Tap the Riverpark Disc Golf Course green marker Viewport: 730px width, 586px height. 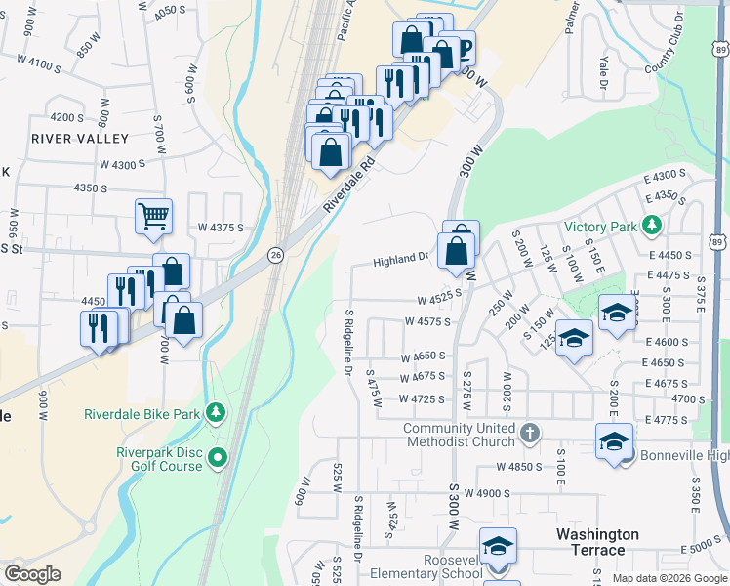[216, 456]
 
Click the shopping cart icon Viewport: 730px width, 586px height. [153, 216]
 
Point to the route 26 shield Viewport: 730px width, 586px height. [276, 254]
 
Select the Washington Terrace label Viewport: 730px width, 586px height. [597, 542]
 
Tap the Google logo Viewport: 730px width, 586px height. [32, 574]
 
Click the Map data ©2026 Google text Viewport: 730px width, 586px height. [669, 578]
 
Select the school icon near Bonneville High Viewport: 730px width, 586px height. [613, 441]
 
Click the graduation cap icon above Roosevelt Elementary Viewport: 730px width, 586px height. [498, 546]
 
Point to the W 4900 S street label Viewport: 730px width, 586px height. [488, 494]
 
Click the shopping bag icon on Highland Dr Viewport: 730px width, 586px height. [457, 250]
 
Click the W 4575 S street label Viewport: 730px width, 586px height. [426, 321]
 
